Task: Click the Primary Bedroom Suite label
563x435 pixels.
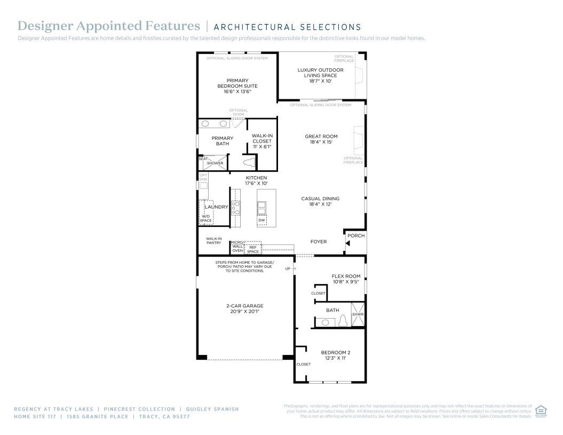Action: [237, 86]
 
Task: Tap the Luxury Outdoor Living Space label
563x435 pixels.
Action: [320, 75]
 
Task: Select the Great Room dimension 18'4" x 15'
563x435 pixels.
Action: [321, 142]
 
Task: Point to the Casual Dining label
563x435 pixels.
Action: [320, 199]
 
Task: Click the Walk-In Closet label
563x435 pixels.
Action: [262, 141]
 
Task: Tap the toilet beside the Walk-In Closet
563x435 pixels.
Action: [249, 162]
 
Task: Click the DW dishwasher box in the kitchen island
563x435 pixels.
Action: [261, 220]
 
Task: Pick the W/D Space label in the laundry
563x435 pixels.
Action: [205, 218]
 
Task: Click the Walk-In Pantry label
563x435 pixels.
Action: [213, 241]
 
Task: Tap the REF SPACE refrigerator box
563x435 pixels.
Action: [253, 249]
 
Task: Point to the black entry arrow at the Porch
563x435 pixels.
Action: [347, 243]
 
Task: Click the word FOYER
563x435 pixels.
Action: [319, 242]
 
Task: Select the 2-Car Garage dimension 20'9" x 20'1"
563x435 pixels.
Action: [244, 312]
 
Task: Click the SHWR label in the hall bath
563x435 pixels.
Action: [358, 314]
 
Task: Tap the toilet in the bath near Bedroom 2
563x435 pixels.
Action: [343, 320]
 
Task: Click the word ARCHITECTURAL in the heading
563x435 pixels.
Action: [248, 27]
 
